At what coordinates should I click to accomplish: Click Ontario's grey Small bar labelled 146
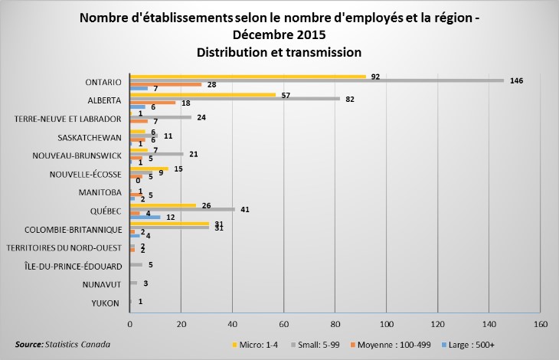pyautogui.click(x=317, y=80)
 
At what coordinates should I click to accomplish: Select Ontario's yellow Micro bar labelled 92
pyautogui.click(x=248, y=76)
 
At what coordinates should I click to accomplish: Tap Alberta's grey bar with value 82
pyautogui.click(x=235, y=99)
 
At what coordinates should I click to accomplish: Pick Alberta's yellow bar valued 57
pyautogui.click(x=203, y=94)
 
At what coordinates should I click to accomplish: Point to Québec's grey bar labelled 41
pyautogui.click(x=183, y=209)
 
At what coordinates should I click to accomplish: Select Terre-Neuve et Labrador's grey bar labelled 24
pyautogui.click(x=161, y=117)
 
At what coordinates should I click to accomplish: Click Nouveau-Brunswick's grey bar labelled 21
pyautogui.click(x=157, y=154)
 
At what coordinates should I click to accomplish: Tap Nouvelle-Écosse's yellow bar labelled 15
pyautogui.click(x=149, y=168)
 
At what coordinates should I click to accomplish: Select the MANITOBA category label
pyautogui.click(x=100, y=192)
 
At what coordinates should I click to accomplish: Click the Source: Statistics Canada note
pyautogui.click(x=63, y=345)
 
